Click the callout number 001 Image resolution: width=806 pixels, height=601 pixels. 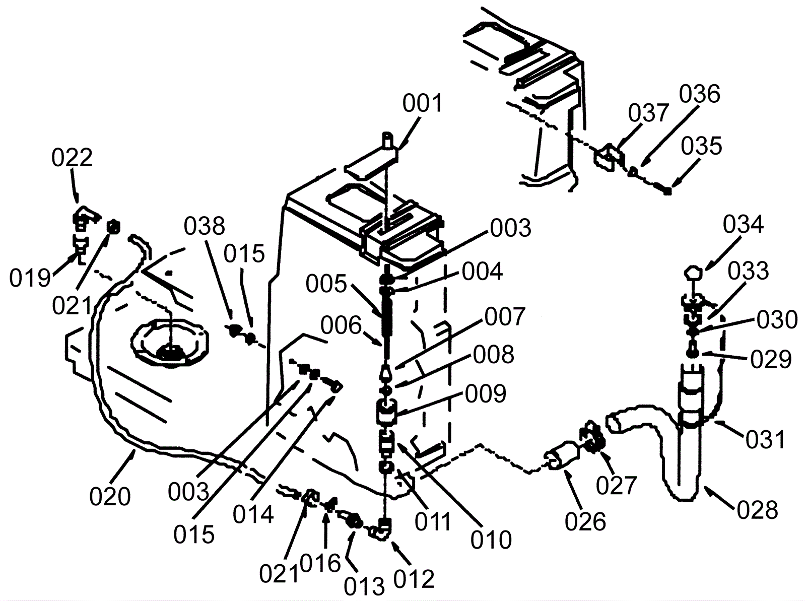pos(422,103)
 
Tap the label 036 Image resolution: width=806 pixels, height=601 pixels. pos(699,94)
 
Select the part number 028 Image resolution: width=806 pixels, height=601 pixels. pos(758,510)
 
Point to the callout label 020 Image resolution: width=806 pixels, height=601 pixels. pos(110,497)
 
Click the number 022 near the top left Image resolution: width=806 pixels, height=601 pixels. pos(72,158)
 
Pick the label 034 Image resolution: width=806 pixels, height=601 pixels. pos(743,224)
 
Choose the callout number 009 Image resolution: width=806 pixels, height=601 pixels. pos(486,393)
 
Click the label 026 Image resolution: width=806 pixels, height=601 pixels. pos(585,521)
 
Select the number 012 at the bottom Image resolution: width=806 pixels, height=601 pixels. pos(414,579)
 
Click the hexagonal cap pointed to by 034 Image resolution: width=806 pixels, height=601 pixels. pos(693,274)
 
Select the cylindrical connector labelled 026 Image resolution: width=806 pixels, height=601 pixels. pos(560,455)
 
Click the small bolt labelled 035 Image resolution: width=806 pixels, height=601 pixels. pos(667,191)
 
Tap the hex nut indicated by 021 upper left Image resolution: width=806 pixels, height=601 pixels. pos(113,227)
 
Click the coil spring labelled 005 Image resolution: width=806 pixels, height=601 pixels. pos(387,316)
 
